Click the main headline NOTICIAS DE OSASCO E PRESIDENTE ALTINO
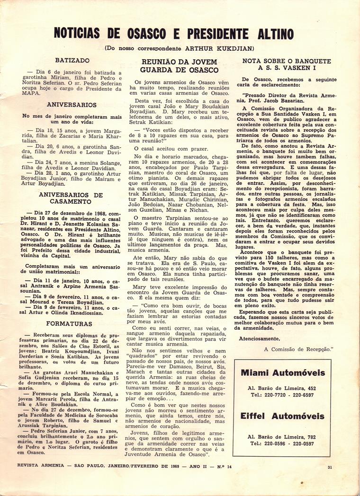point(173,34)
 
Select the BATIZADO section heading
point(72,61)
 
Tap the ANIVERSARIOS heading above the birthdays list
point(72,105)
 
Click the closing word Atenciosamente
point(260,338)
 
